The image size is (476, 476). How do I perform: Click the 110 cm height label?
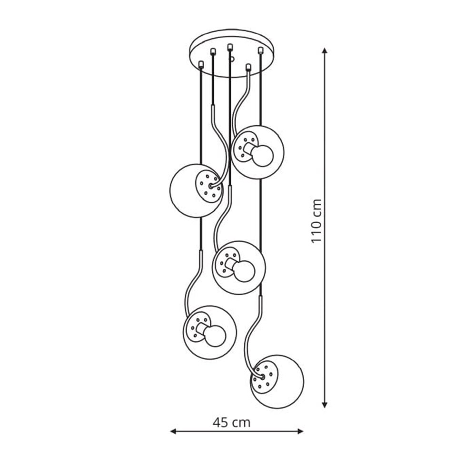[x=317, y=220]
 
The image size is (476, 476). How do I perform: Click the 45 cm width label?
[x=231, y=422]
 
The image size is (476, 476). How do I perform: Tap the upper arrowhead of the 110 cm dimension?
[x=325, y=51]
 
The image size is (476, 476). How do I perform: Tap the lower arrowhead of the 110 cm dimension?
[x=325, y=404]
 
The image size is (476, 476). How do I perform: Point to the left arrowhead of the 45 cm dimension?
[x=173, y=431]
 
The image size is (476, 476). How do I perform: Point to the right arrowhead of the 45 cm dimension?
[x=300, y=431]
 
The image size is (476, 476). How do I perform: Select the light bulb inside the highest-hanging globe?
[x=263, y=156]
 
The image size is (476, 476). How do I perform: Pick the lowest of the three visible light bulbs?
[x=215, y=336]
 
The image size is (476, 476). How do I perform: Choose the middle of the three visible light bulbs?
[x=244, y=271]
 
